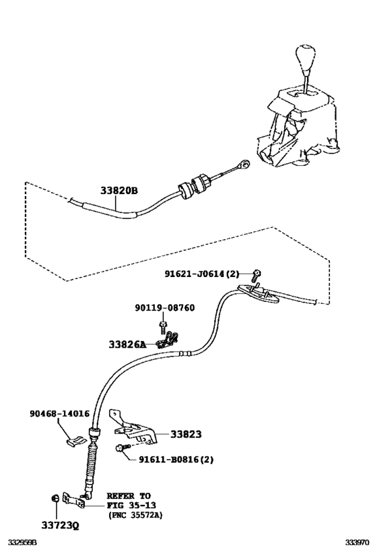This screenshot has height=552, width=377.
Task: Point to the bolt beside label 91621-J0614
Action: pyautogui.click(x=256, y=274)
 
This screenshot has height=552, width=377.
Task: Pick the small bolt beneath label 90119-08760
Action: pyautogui.click(x=163, y=326)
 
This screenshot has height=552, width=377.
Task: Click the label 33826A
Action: pyautogui.click(x=127, y=344)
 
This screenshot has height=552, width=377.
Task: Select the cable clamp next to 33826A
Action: pyautogui.click(x=172, y=340)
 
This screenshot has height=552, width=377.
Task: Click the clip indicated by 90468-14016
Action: pyautogui.click(x=77, y=441)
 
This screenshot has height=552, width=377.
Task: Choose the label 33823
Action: pyautogui.click(x=186, y=435)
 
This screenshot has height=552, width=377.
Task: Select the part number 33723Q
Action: pyautogui.click(x=57, y=522)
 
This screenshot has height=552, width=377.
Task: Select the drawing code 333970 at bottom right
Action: pyautogui.click(x=358, y=542)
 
